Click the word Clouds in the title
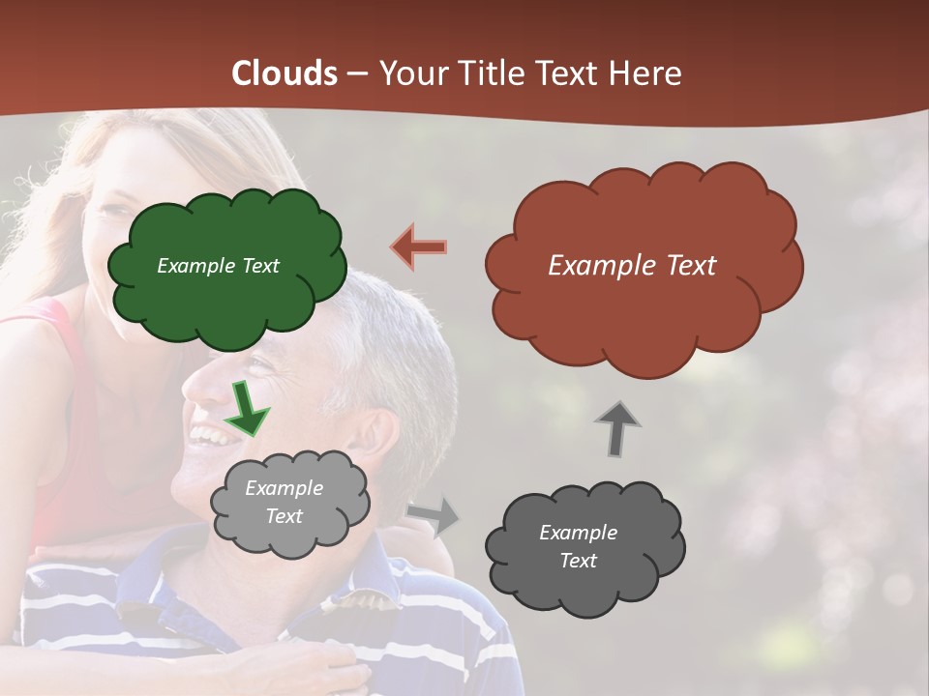(285, 73)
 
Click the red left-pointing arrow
(419, 246)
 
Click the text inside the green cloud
(218, 266)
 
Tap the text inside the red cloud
(632, 266)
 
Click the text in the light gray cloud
(284, 502)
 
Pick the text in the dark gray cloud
(578, 546)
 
